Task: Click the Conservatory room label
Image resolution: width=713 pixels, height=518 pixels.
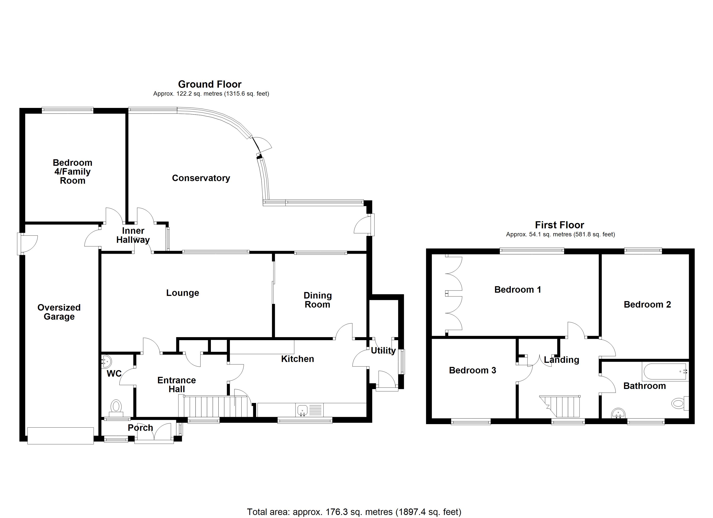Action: (x=201, y=178)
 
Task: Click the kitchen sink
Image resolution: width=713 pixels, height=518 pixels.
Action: (x=302, y=410)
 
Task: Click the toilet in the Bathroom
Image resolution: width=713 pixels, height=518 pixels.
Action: (x=679, y=403)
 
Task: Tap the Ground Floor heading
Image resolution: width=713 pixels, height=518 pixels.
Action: (x=210, y=84)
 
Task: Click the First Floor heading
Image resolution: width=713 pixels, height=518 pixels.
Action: (x=559, y=225)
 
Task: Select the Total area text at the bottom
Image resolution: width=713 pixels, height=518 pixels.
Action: (x=354, y=512)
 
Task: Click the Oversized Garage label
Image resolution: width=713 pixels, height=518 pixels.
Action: (x=59, y=312)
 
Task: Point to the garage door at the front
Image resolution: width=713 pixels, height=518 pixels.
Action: (x=60, y=436)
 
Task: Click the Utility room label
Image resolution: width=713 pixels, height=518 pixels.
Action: (x=383, y=351)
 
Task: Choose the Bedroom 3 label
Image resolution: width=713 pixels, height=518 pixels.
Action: (x=472, y=370)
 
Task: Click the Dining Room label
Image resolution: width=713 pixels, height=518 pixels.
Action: (x=318, y=300)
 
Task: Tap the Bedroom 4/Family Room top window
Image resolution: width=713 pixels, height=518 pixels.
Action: (x=68, y=110)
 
